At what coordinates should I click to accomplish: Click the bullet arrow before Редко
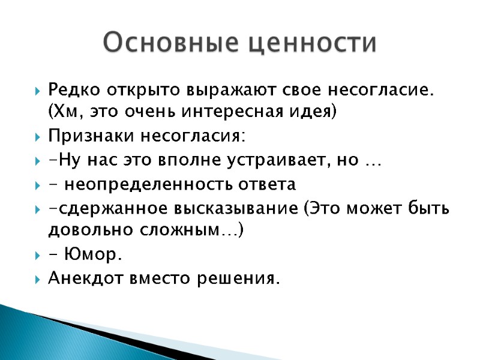point(38,92)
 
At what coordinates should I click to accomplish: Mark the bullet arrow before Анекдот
point(38,280)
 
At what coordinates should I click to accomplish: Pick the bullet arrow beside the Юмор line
point(38,255)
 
